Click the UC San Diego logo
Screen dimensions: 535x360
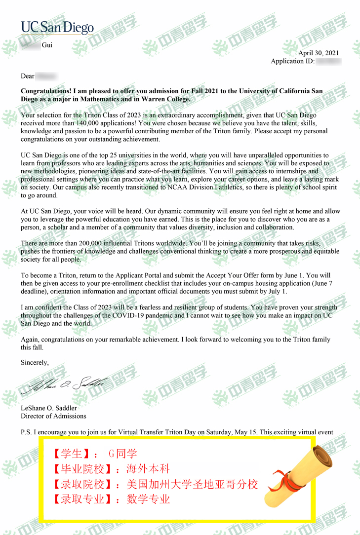[57, 28]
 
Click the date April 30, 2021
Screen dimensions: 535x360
[319, 53]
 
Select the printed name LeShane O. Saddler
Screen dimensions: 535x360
[49, 408]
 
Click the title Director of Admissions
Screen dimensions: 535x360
[53, 416]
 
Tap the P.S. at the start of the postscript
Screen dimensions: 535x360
[26, 432]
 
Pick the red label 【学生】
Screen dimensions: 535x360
[72, 454]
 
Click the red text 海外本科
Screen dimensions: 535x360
[148, 469]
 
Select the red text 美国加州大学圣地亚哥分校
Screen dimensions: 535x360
[192, 484]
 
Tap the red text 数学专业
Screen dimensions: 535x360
[148, 499]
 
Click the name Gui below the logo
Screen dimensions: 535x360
[47, 45]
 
